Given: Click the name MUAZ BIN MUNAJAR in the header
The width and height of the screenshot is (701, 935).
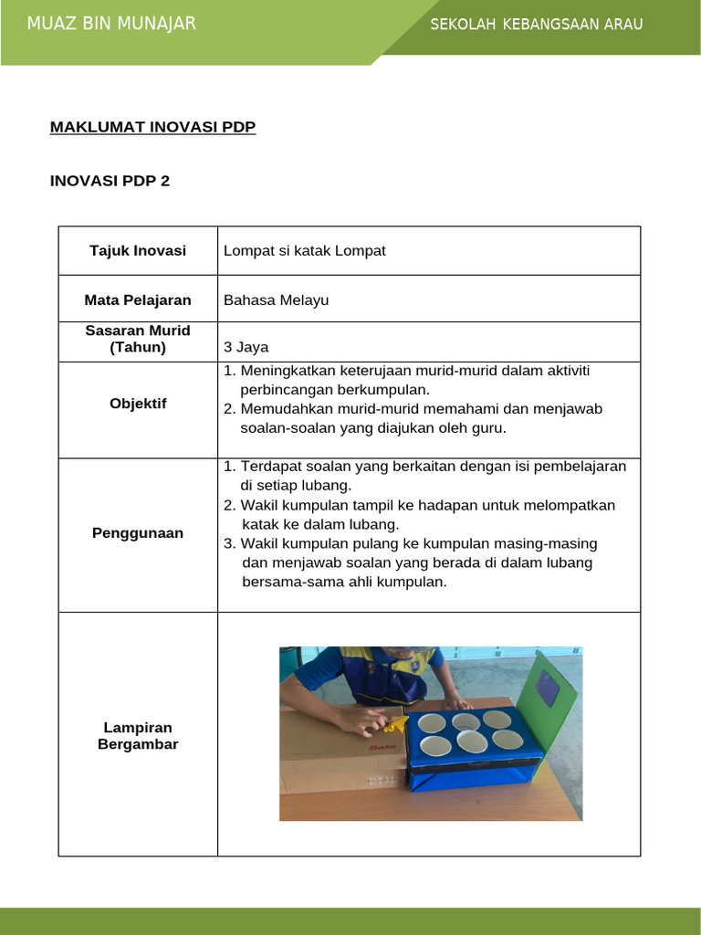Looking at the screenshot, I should (x=111, y=24).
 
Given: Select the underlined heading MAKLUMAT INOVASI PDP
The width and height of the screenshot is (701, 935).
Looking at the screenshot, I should (x=152, y=127).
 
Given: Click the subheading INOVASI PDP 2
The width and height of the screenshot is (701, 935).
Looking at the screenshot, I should (x=110, y=181).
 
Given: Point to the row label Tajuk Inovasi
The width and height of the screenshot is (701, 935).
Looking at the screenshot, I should (x=138, y=250).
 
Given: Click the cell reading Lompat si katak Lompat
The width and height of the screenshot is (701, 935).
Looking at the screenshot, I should (x=304, y=250).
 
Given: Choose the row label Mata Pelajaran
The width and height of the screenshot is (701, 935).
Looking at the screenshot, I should (x=138, y=299).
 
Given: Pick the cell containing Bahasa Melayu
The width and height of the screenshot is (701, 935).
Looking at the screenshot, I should (x=276, y=299).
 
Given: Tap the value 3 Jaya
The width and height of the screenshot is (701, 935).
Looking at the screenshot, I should (x=246, y=347).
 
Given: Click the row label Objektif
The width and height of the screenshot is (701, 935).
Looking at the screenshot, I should (x=138, y=404).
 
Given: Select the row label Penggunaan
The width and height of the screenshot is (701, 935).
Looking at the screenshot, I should (x=138, y=533).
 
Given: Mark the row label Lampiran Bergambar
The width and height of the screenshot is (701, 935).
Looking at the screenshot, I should (x=138, y=736).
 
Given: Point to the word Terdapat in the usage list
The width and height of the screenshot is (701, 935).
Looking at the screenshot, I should (x=270, y=467).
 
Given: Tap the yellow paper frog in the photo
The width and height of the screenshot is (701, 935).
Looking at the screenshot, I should (x=395, y=725).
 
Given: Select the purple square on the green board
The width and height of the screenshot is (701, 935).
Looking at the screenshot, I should (x=548, y=688).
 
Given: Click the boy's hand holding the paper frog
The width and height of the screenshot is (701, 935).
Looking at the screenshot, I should (x=363, y=721).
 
